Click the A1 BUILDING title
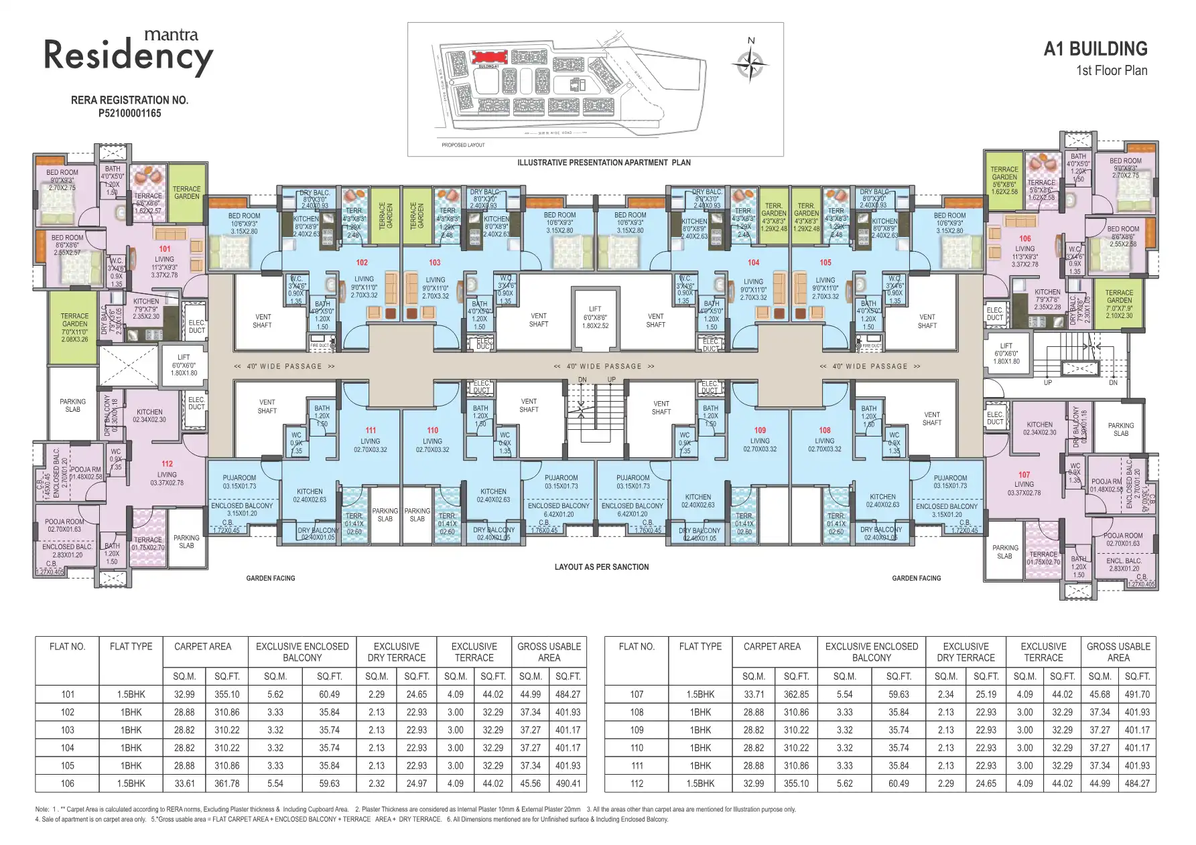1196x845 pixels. (1095, 49)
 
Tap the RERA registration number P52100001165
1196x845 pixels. (129, 113)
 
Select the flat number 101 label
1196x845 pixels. (165, 248)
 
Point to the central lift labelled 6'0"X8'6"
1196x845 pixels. (595, 318)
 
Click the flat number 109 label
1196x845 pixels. (760, 431)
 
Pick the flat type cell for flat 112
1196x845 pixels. (700, 783)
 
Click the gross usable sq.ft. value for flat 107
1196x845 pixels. (1137, 694)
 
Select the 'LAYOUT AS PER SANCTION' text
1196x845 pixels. (602, 567)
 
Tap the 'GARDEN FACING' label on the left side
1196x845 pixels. (270, 578)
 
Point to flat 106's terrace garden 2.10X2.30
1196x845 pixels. (1119, 305)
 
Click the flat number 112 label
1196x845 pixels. (167, 463)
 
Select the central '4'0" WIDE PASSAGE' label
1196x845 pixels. (604, 366)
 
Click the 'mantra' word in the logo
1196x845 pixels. (172, 35)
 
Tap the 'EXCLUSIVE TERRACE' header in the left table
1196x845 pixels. (474, 652)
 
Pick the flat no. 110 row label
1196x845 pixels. (637, 748)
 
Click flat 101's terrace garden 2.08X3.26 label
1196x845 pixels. (74, 327)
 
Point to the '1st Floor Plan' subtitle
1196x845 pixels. (1112, 71)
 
